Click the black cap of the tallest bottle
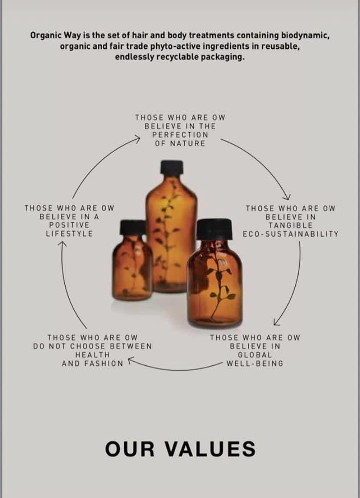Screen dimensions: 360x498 point(172,167)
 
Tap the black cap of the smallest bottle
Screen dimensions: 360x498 point(133,227)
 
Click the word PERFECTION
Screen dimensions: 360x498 point(180,135)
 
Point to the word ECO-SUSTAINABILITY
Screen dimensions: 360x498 point(290,234)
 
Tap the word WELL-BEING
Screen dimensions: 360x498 point(255,363)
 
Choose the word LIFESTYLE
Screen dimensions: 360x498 point(69,234)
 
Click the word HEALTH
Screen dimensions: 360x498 point(92,355)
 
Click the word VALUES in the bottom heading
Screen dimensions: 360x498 point(210,449)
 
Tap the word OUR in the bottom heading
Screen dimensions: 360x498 point(130,449)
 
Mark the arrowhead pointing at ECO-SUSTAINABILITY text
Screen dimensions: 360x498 point(287,197)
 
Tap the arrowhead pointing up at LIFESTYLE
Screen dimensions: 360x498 point(63,244)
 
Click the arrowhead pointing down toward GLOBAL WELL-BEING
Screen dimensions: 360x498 point(277,322)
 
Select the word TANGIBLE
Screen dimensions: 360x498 point(290,225)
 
